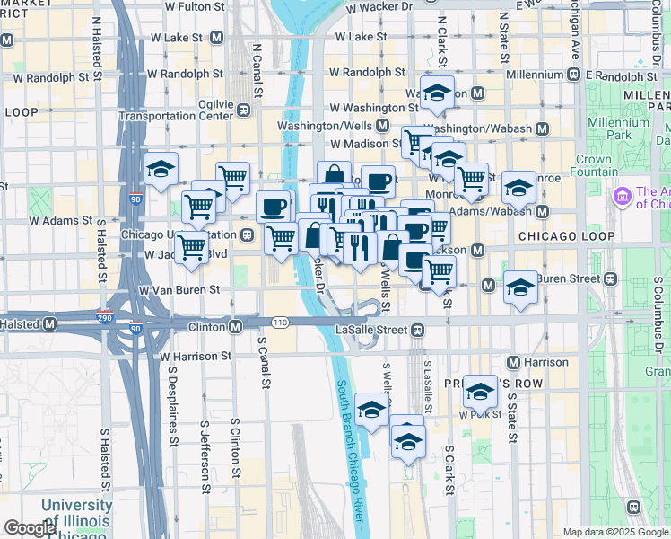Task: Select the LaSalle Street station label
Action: (373, 329)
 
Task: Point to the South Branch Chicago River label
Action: (350, 449)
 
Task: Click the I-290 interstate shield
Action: (106, 317)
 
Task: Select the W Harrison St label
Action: (196, 356)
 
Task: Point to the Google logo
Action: (29, 528)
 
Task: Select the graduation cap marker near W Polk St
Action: (481, 392)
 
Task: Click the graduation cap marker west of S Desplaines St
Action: (161, 170)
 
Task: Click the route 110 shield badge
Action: (281, 323)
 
